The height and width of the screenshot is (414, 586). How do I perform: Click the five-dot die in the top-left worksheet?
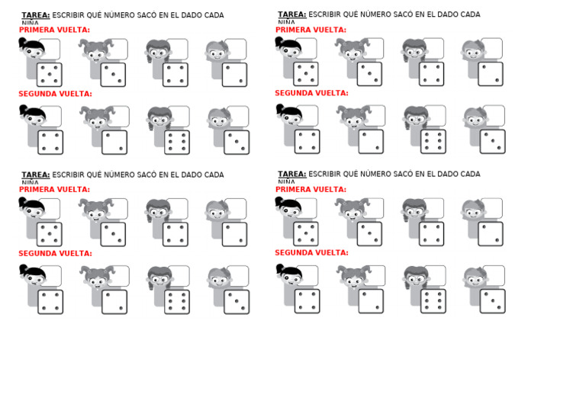pos(50,75)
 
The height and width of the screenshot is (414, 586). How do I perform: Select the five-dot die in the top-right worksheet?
pos(306,74)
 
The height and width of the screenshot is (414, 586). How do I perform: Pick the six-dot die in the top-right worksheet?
pos(433,141)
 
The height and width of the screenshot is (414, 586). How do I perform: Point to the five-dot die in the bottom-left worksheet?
pos(50,234)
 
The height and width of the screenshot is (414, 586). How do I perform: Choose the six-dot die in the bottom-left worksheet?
pos(177,301)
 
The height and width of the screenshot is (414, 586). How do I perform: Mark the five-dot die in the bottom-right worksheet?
pos(306,233)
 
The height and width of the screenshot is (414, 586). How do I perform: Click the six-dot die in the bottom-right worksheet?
pos(433,300)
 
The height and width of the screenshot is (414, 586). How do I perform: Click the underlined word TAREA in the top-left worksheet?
pos(36,15)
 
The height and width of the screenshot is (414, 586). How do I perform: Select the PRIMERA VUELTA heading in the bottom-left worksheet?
pos(54,190)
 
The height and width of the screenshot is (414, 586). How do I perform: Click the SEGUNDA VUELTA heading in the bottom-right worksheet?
pos(311,253)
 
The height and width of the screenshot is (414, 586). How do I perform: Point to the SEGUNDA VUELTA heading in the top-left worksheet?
pos(55,95)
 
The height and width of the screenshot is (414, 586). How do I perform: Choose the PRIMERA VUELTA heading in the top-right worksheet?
pos(311,30)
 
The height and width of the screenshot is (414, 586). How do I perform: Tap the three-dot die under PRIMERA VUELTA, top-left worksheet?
pos(113,75)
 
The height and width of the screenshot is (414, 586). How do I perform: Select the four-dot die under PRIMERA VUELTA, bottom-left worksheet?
pos(175,234)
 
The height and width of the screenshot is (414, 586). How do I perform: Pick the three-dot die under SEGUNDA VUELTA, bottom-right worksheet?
pos(492,300)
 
